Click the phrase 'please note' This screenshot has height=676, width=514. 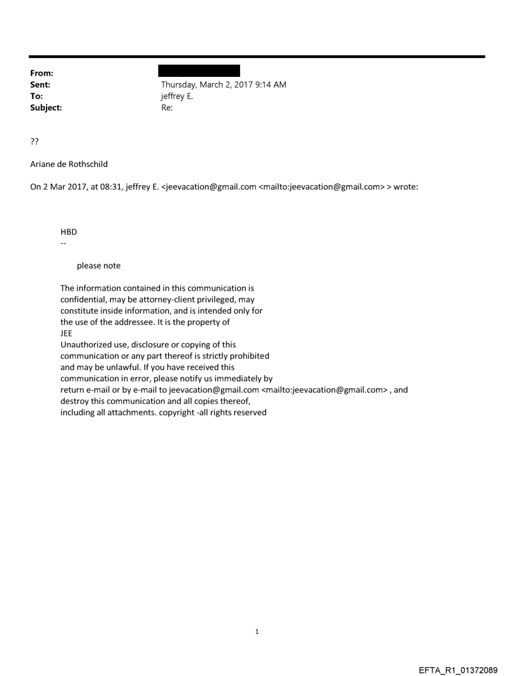pyautogui.click(x=98, y=266)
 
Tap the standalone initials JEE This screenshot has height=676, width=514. pyautogui.click(x=66, y=334)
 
